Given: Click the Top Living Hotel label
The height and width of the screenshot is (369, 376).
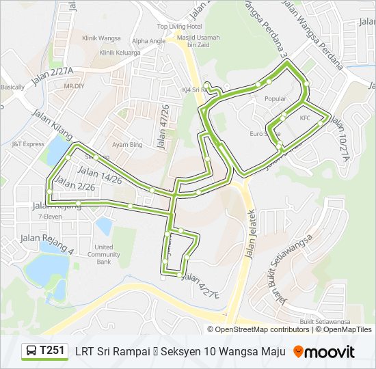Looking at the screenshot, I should point(179,26).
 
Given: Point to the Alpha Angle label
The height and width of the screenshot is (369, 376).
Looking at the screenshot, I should point(148,40).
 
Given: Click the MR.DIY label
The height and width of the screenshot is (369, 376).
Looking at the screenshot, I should point(73,87).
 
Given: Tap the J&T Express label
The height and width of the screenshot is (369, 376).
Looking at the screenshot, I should point(27,144).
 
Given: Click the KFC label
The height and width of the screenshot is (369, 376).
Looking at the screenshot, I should point(305,118).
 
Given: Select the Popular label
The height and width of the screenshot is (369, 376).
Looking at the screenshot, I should point(275,98).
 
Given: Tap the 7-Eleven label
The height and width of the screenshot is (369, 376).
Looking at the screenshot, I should point(49,216).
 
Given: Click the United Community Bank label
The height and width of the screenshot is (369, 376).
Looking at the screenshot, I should point(104,254).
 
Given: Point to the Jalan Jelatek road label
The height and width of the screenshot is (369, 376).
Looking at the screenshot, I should point(250,232).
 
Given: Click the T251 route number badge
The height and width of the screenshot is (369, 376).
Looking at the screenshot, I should point(52,351).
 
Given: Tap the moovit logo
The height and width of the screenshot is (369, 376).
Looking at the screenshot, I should point(324,352).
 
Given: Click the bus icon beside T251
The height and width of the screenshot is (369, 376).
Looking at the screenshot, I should point(31,351).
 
